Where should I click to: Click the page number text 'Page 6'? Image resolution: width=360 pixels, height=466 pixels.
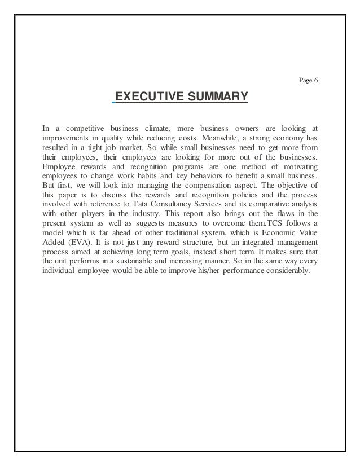point(308,80)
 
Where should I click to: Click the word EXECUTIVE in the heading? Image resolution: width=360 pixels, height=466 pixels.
point(149,100)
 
